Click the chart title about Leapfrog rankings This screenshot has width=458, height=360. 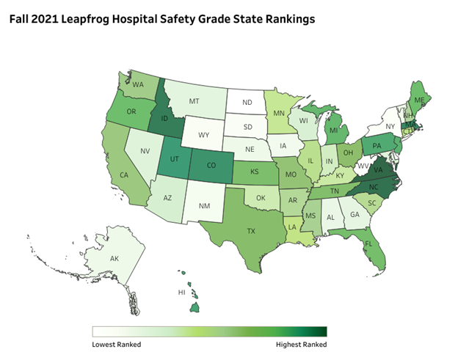162,19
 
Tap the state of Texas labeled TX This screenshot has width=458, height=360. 251,229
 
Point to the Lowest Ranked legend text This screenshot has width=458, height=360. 116,343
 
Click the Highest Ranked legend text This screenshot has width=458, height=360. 301,343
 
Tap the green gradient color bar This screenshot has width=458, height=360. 209,331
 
